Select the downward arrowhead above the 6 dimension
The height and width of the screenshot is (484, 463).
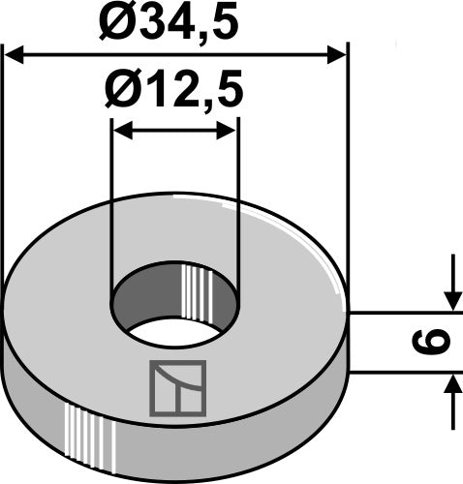pyautogui.click(x=452, y=299)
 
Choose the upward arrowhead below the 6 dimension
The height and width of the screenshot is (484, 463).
pyautogui.click(x=452, y=385)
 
